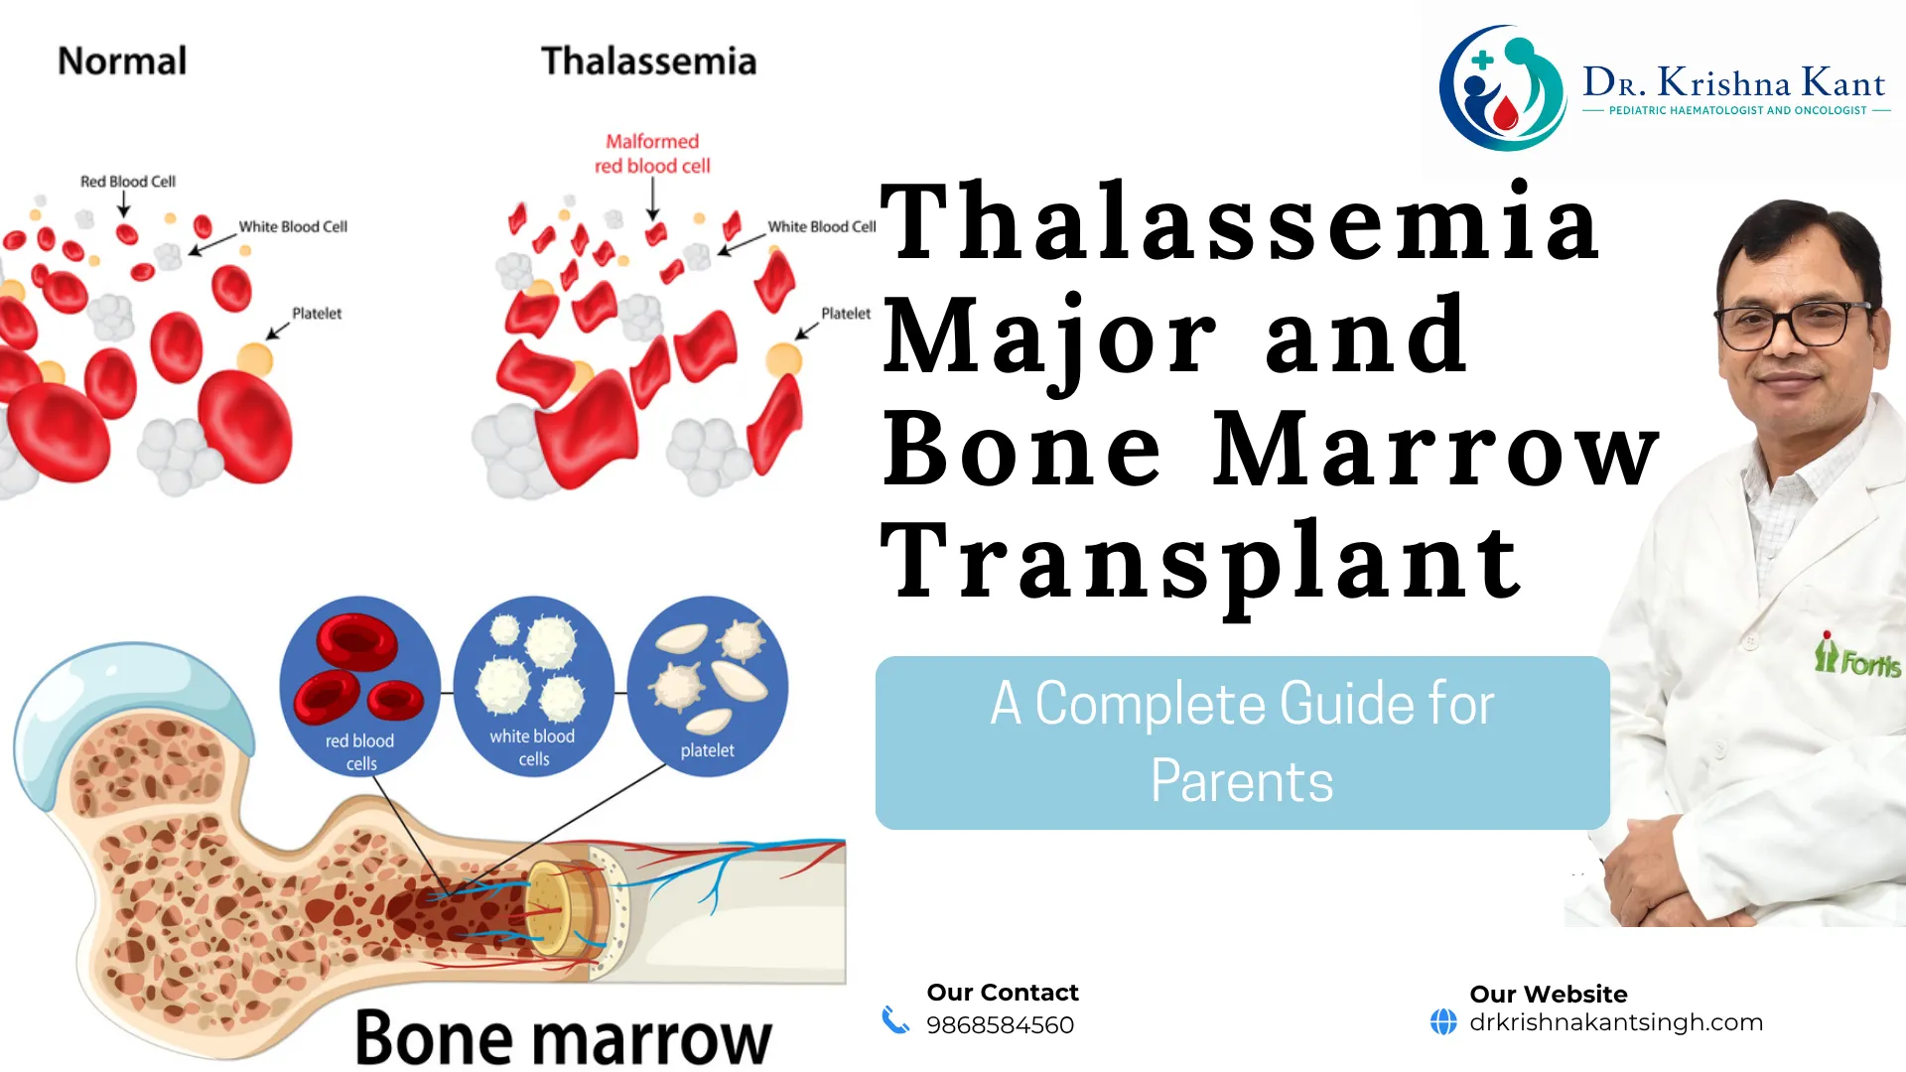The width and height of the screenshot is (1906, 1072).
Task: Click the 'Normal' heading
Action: coord(122,62)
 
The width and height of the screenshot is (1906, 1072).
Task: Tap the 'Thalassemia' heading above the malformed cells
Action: coord(649,62)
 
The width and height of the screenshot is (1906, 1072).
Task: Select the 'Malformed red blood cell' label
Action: coord(652,154)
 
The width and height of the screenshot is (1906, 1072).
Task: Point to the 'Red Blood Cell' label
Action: coord(128,182)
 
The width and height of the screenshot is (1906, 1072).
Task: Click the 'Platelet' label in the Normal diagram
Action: coord(317,314)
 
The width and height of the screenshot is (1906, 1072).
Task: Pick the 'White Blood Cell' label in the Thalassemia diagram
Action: coord(822,227)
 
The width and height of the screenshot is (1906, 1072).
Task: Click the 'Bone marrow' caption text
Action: coord(563,1038)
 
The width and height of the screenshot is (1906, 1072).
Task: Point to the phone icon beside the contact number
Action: coord(895,1020)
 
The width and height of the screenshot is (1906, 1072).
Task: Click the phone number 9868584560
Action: coord(1000,1025)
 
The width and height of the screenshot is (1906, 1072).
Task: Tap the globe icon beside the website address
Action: coord(1443,1021)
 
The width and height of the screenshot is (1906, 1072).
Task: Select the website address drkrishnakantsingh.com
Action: coord(1616,1022)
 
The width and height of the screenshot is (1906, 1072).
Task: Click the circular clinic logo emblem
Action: coord(1502,88)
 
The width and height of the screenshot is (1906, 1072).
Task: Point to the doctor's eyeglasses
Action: coord(1795,324)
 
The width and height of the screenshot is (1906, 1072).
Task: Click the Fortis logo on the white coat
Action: coord(1857,656)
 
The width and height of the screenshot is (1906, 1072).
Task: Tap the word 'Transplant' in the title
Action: coord(1202,563)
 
